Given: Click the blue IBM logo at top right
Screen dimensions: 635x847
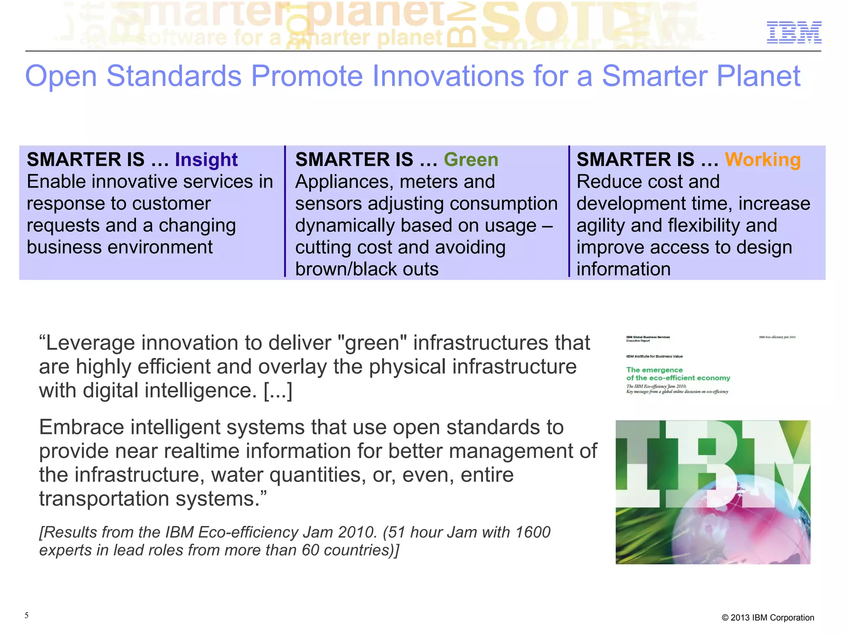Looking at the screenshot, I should point(794,32).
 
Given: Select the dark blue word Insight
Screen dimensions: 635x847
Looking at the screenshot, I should point(206,160).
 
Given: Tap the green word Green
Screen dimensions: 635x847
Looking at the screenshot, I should point(471,160).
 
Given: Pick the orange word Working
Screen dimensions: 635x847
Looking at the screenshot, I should point(762,160).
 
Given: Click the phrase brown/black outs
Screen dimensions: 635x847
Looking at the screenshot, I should point(366,269).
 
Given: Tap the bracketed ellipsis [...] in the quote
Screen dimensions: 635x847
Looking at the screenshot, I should point(278,391).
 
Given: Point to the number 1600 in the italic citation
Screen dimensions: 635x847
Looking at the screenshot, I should point(533,532).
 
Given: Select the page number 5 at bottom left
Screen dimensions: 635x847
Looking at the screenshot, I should point(26,615).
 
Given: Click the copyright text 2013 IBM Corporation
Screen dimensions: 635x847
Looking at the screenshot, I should point(772,618).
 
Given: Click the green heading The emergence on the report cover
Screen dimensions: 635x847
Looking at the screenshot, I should point(654,370).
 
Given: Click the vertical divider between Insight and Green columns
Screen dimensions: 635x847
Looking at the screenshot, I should point(285,211).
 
